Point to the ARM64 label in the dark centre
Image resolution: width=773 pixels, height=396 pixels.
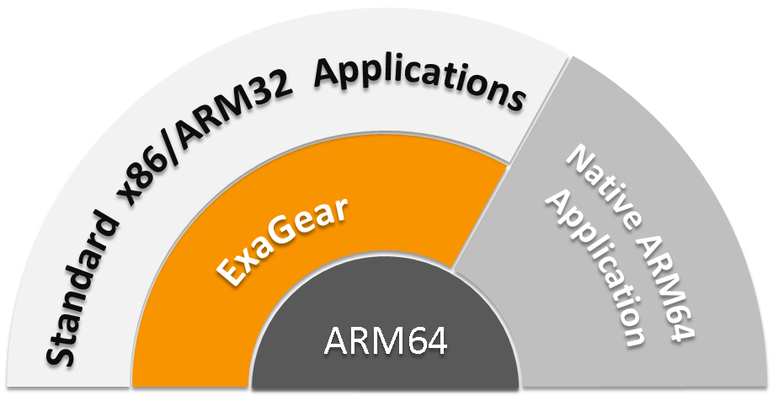coord(385,344)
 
